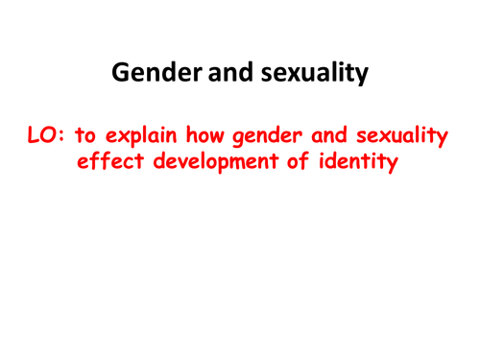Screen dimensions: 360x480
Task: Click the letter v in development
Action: tap(193, 165)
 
